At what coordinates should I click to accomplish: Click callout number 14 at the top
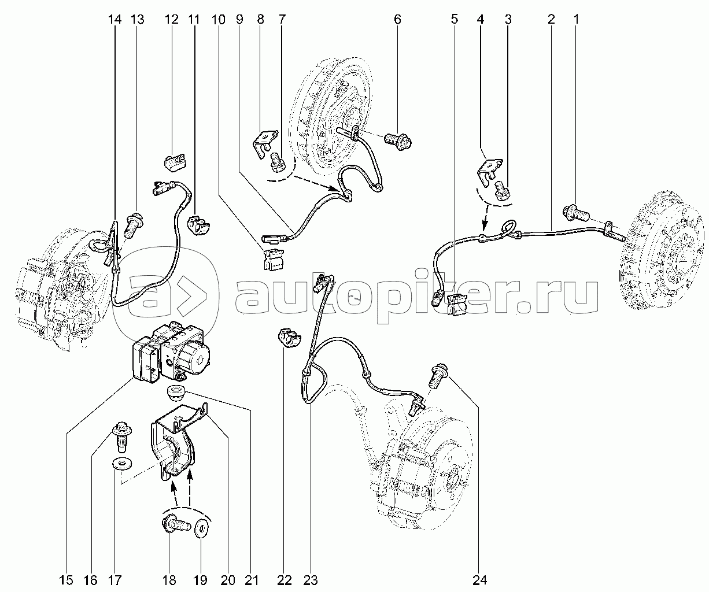pos(115,19)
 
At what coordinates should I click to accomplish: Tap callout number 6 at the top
pos(397,19)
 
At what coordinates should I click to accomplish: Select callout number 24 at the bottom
pos(479,580)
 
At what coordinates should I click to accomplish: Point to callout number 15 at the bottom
pos(66,580)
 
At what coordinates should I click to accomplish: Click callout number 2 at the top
pos(551,19)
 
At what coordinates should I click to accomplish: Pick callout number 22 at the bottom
pos(284,580)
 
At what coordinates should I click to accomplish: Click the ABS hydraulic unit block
pos(170,353)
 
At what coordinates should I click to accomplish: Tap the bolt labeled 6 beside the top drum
pos(398,142)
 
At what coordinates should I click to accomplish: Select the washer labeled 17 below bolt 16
pos(121,464)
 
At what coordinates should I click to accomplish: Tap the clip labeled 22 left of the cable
pos(289,338)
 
